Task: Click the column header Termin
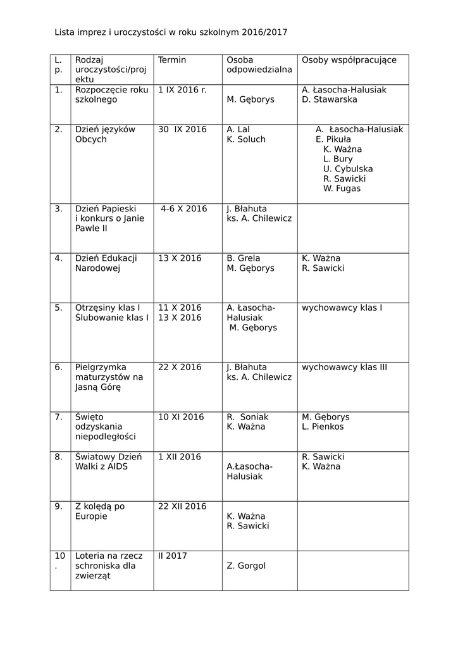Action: coord(172,60)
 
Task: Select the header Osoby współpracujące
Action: coord(349,60)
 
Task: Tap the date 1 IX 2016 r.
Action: coord(182,90)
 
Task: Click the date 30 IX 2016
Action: coord(182,130)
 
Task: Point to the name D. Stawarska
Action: coord(330,99)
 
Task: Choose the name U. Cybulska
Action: coord(348,169)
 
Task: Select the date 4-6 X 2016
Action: coord(183,209)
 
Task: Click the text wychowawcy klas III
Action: coord(344,367)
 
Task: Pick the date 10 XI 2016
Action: coord(181,417)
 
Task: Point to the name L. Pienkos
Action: coord(323,427)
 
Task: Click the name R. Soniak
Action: coord(247,417)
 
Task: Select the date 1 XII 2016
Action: coord(180,457)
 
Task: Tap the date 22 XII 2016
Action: coord(182,506)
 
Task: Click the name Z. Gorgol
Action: coord(246,566)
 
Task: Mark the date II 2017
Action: coord(173,556)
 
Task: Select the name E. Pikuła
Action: coord(333,139)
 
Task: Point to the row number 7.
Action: coord(58,417)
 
